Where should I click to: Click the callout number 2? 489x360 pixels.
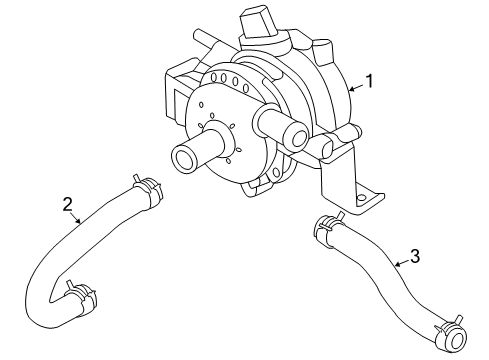67,205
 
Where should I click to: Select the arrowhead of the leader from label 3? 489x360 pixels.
396,266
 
